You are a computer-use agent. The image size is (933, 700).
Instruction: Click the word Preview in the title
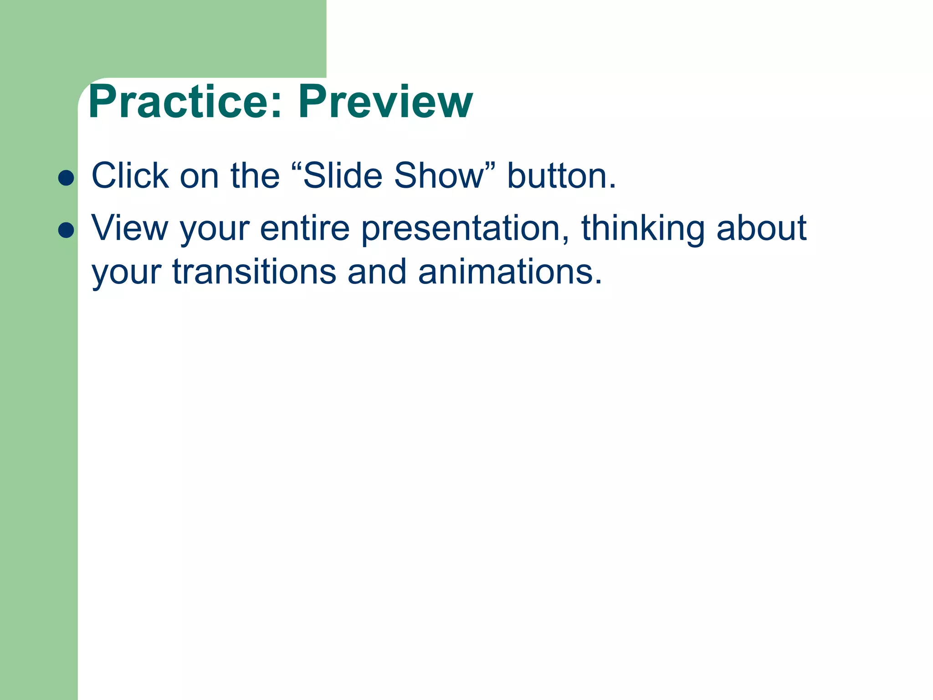[x=385, y=102]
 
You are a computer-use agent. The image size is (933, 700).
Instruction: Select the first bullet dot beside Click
[x=67, y=178]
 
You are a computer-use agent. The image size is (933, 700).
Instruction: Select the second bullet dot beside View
[x=67, y=230]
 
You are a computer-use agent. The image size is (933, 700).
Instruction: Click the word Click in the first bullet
[x=130, y=175]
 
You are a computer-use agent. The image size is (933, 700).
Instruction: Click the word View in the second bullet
[x=130, y=228]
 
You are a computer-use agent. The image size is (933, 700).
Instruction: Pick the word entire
[x=304, y=228]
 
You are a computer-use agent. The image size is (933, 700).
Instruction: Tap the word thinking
[x=643, y=228]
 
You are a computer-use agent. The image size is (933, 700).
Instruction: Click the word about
[x=761, y=228]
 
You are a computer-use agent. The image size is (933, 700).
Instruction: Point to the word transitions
[x=254, y=272]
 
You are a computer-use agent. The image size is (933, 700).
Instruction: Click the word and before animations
[x=376, y=272]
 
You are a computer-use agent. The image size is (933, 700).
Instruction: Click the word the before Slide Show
[x=255, y=175]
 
